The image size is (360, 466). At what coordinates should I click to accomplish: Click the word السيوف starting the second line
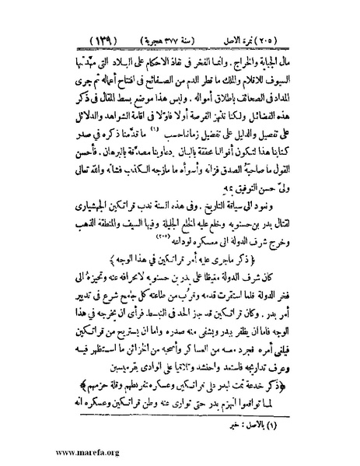299,79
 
